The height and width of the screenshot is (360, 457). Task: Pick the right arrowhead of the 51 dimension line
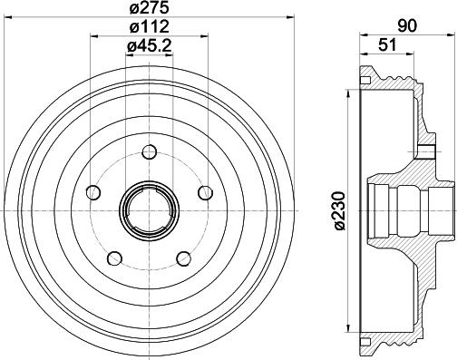pyautogui.click(x=406, y=57)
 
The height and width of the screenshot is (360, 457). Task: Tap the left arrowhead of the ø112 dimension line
pyautogui.click(x=94, y=37)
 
